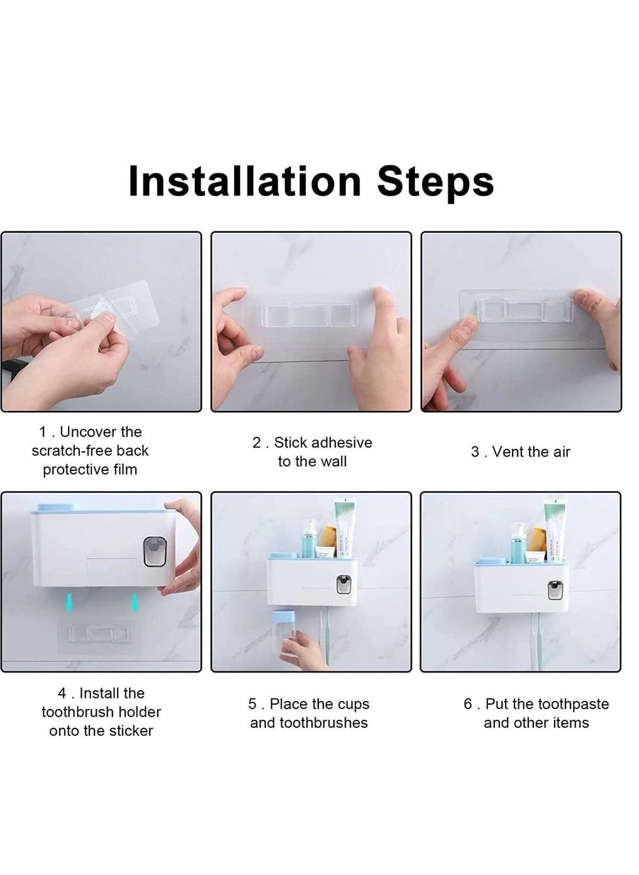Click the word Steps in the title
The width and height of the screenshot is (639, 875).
(435, 182)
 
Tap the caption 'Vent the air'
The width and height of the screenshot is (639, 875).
(520, 452)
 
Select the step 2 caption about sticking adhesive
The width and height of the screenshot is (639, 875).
(312, 452)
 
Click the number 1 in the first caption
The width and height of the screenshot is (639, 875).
(43, 432)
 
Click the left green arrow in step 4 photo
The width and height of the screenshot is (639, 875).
(70, 603)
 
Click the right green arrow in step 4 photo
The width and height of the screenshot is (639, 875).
(135, 603)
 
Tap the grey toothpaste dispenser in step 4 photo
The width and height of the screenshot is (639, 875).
(155, 551)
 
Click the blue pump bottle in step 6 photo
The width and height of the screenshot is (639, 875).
(518, 542)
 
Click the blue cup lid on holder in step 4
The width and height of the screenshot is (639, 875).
(57, 507)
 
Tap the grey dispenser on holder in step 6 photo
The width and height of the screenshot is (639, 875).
(554, 590)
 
